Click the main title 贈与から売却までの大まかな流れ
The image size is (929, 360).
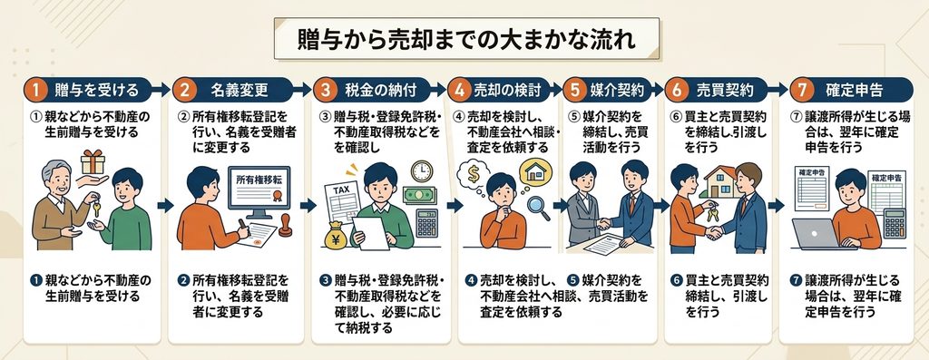coord(466,39)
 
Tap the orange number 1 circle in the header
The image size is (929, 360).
coord(35,90)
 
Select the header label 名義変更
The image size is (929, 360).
coord(239,90)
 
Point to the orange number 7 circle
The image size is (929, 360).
coord(802,90)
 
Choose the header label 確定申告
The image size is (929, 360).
coord(854,90)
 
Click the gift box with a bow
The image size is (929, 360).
coord(93,161)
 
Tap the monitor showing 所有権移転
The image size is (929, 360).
coord(259,190)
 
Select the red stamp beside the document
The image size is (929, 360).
coord(285,227)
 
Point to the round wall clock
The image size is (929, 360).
coord(422,171)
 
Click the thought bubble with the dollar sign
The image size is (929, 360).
coord(474,174)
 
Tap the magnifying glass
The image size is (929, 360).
coord(538,208)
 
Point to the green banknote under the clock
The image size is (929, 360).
coord(419,195)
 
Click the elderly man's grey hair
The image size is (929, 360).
coord(55,169)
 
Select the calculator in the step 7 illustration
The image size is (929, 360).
coord(895,224)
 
